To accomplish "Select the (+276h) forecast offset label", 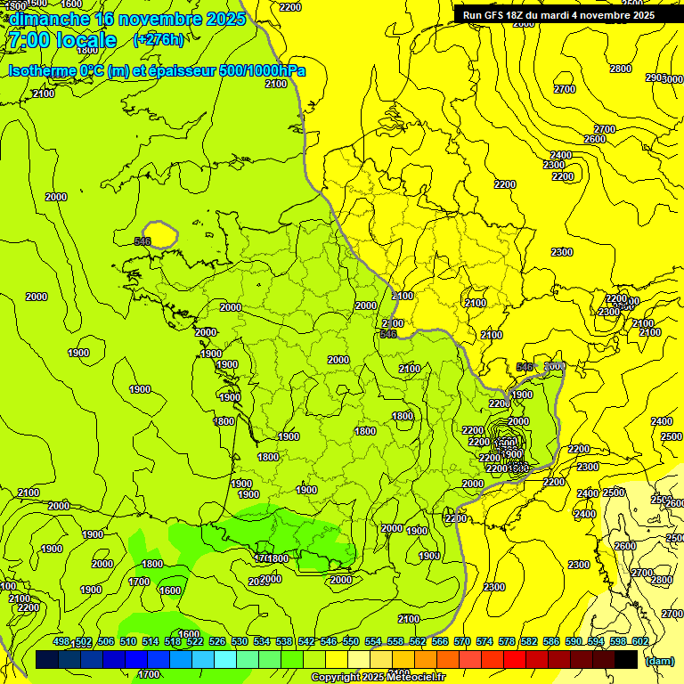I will coord(159,40).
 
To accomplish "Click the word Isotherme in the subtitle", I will coord(41,70).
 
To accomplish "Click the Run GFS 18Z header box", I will coord(558,15).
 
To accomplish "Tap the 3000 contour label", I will coord(554,367).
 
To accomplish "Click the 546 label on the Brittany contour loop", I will coord(142,241).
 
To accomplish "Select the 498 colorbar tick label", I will coord(61,642).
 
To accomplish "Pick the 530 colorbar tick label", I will coord(240,642).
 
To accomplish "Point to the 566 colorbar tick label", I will coord(440,642).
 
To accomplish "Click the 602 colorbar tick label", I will coord(639,642).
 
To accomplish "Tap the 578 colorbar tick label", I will coord(507,642).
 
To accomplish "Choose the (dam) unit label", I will coord(660,661).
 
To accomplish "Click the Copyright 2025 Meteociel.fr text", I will coord(378,678).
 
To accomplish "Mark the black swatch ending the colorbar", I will coord(626,659).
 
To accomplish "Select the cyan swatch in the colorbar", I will coord(225,659).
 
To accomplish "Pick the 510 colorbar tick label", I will coord(128,642).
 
